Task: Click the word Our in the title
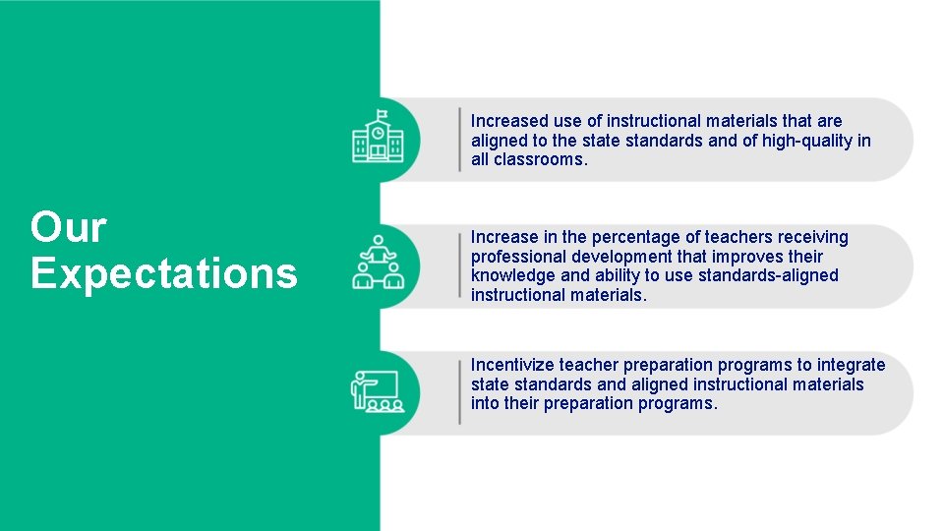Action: tap(68, 227)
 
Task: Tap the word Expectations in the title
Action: tap(163, 272)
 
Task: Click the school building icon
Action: tap(378, 139)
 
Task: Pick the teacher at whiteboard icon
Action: tap(377, 390)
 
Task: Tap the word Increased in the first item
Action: tap(509, 121)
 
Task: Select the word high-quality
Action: tap(806, 141)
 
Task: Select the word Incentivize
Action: tap(513, 365)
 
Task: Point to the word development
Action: tap(619, 257)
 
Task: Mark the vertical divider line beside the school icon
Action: tap(459, 140)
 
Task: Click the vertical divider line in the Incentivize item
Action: tap(459, 391)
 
